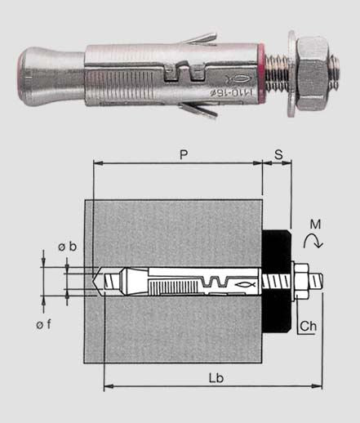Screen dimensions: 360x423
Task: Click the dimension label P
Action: click(x=184, y=154)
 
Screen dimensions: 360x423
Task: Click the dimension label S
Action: click(x=278, y=154)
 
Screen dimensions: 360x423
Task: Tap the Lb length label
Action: click(x=216, y=378)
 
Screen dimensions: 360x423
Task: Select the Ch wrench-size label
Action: click(x=309, y=326)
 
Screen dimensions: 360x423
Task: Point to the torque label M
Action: click(x=316, y=225)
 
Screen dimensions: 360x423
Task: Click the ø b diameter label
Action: click(x=68, y=247)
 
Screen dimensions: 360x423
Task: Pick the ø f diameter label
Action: click(x=43, y=324)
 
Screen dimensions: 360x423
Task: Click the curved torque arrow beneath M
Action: click(x=313, y=241)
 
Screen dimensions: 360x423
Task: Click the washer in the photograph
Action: click(x=292, y=73)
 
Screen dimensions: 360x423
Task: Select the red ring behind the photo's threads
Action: click(x=261, y=73)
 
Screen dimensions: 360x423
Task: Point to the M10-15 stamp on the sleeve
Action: click(x=232, y=92)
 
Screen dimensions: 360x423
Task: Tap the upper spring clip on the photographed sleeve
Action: click(x=198, y=39)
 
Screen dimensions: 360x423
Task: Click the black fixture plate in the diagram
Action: click(x=277, y=281)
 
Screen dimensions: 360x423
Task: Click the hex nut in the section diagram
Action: click(x=302, y=280)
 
